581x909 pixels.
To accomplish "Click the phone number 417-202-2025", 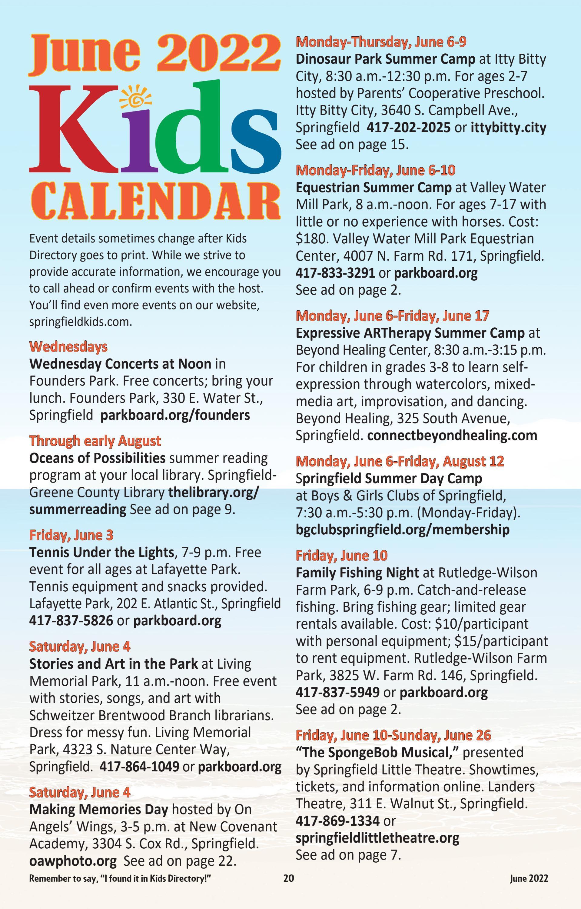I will [x=409, y=128].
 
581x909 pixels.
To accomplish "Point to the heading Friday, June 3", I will [x=71, y=535].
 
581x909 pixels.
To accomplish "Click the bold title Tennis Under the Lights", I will [x=101, y=552].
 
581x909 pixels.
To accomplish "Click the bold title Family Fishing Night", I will [x=357, y=573].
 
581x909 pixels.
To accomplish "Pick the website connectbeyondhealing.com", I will [x=452, y=435].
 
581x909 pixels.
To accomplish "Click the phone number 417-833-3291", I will [x=335, y=272].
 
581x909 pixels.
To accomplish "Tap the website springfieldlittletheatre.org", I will [x=377, y=838].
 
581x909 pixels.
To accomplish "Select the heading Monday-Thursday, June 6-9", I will [x=381, y=42].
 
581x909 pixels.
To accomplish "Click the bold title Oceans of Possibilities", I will [x=97, y=458].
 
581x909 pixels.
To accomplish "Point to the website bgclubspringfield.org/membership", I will [x=403, y=529].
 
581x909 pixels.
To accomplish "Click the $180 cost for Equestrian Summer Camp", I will [x=309, y=239].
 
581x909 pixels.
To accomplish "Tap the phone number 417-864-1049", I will [x=139, y=766].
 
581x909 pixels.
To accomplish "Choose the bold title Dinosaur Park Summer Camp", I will [x=385, y=59].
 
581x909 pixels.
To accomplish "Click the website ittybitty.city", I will [x=508, y=128].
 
